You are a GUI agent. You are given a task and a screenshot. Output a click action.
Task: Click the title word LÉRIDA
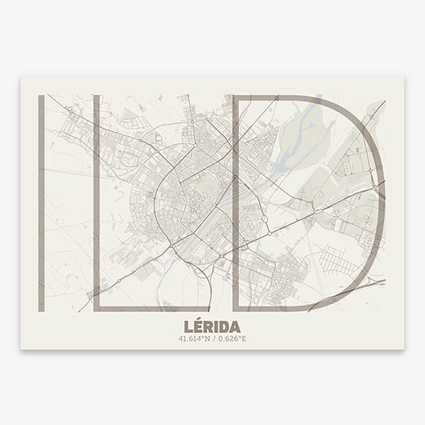click(212, 327)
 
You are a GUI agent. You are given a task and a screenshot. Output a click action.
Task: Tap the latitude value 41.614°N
click(195, 339)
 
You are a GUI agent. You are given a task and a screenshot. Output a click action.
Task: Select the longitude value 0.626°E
click(232, 339)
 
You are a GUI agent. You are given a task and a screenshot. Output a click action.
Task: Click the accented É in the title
click(198, 326)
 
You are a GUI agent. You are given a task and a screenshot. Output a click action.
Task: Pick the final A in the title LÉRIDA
click(234, 327)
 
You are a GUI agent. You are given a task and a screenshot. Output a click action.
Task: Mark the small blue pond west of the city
click(115, 188)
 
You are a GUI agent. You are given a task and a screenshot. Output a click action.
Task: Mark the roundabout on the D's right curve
click(372, 172)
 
